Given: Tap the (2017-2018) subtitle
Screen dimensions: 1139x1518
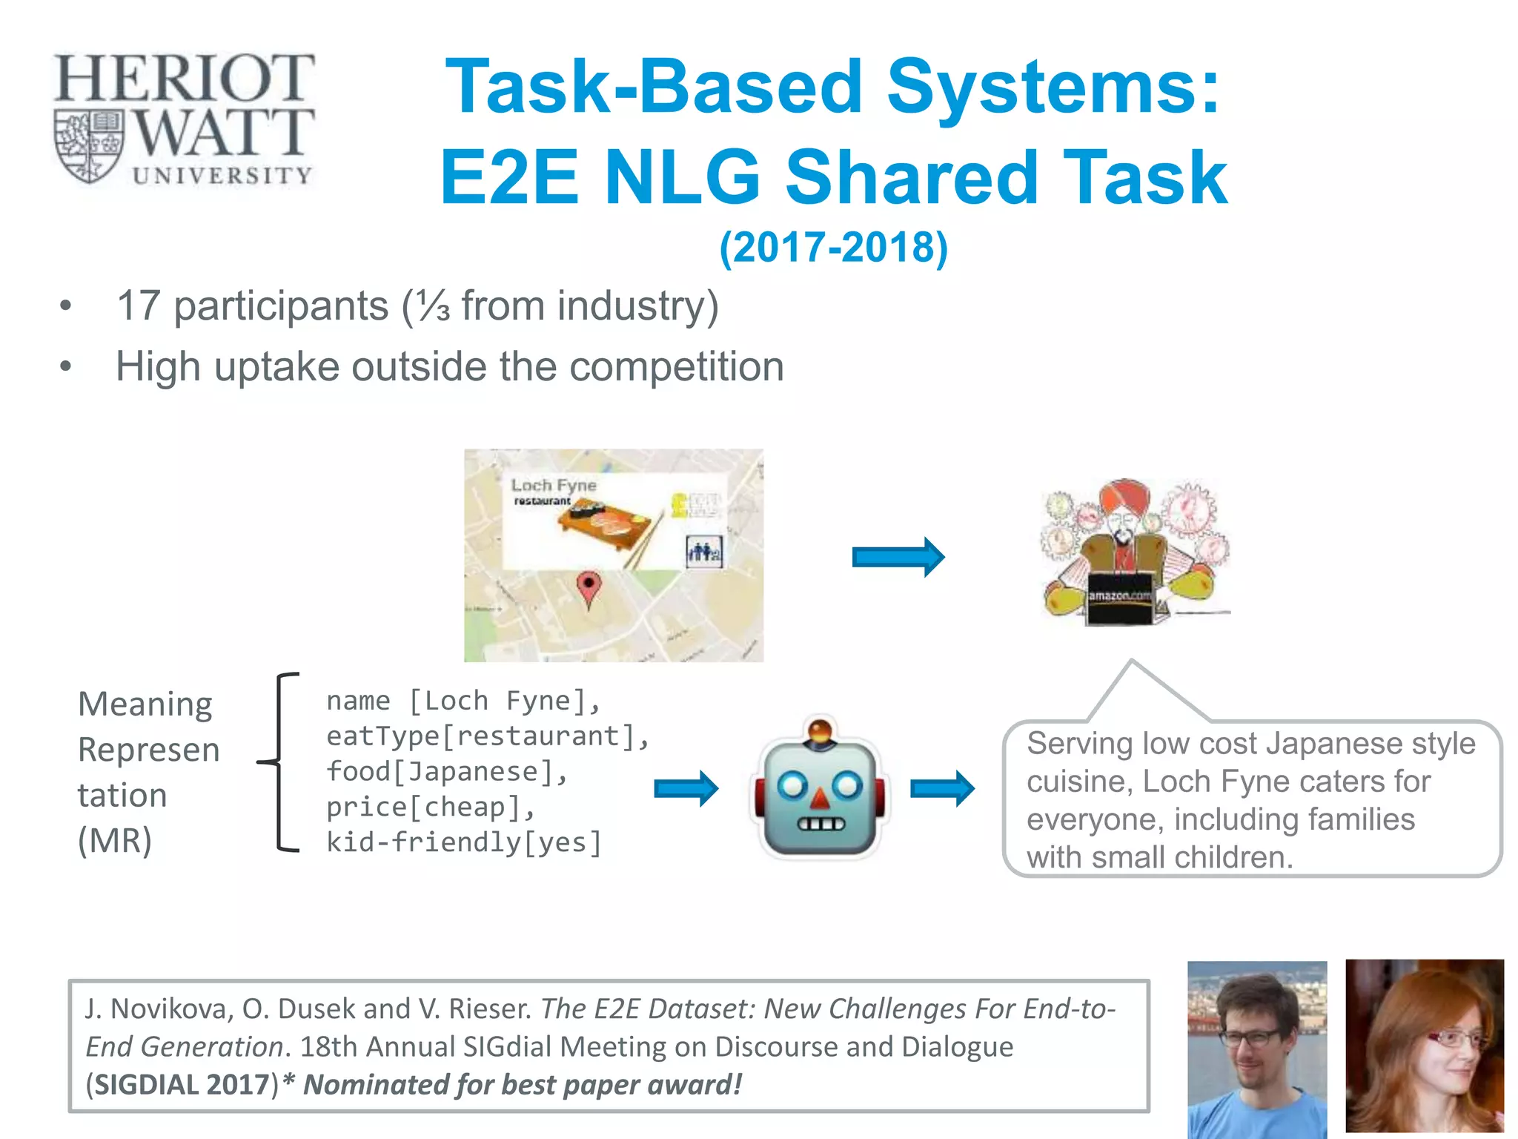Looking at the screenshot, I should [833, 248].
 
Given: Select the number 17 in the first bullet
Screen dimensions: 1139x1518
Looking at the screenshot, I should [139, 306].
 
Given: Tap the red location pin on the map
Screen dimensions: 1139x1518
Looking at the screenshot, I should [589, 587].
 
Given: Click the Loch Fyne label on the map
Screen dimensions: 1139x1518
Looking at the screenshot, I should [554, 485].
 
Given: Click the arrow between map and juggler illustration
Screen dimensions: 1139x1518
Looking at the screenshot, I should [898, 556].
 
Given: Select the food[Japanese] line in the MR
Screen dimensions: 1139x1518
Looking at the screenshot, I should [447, 771].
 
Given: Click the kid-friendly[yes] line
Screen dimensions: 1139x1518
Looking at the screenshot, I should [464, 842].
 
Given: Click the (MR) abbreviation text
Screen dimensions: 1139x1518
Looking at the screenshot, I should [115, 841].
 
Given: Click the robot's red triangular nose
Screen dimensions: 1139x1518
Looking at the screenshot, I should [819, 799].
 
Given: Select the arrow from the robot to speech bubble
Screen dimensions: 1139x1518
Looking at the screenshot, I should [941, 788].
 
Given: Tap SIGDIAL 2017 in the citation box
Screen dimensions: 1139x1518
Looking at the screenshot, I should [182, 1084].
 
